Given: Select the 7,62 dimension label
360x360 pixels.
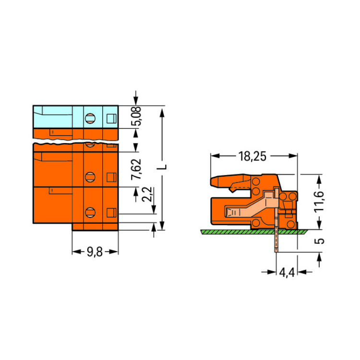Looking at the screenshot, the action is coord(136,169).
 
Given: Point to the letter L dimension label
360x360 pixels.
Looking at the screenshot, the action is coord(162,167).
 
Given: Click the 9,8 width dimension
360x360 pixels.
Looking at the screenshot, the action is coord(95,252).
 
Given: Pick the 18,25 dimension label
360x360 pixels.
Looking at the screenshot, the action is coord(252,156).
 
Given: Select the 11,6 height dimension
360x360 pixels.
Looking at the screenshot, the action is coord(319,202).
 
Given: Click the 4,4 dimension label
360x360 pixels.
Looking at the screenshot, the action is coord(287,273).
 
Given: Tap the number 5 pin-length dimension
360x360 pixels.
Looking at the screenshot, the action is coord(319,241).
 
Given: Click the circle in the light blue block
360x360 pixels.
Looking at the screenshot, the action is coord(90,119).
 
